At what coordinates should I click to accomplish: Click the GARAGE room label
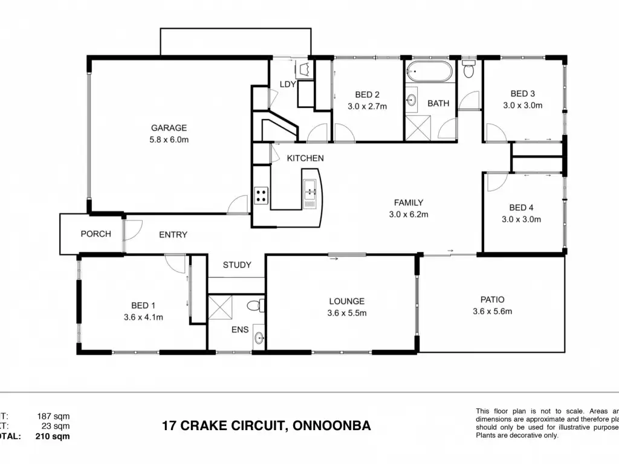click(x=169, y=127)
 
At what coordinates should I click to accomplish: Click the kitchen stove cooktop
click(x=261, y=195)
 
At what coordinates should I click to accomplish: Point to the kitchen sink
click(x=311, y=193)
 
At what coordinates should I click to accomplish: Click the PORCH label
click(x=96, y=234)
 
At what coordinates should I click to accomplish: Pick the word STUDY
click(x=237, y=265)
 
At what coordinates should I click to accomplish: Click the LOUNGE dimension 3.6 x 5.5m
click(x=346, y=313)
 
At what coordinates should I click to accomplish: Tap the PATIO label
click(x=492, y=299)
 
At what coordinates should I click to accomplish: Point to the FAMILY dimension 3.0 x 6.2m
click(x=408, y=214)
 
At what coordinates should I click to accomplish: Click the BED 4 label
click(x=521, y=207)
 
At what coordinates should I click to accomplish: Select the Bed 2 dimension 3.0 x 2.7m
click(x=367, y=106)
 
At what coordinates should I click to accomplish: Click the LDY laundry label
click(x=288, y=84)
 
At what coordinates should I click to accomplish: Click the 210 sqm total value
click(x=53, y=436)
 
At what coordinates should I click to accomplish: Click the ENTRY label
click(x=173, y=234)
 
